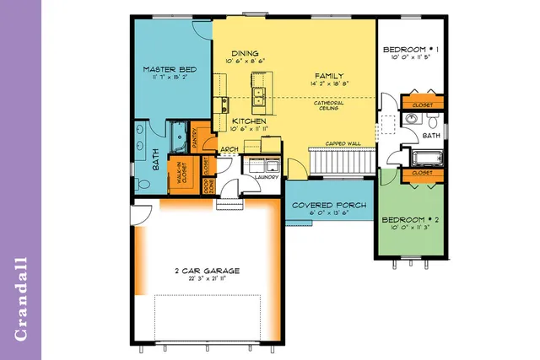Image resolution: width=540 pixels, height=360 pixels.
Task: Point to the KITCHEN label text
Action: coord(249,121)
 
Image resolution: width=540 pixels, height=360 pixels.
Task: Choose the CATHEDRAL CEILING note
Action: coord(328,105)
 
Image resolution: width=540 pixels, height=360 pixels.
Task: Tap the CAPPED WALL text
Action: coord(344,143)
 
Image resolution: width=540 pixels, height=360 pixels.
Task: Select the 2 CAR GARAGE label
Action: coord(207,271)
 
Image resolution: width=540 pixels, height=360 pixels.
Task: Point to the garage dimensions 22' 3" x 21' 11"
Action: coord(207,278)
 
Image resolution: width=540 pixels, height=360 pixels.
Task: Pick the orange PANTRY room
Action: coord(193,139)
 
